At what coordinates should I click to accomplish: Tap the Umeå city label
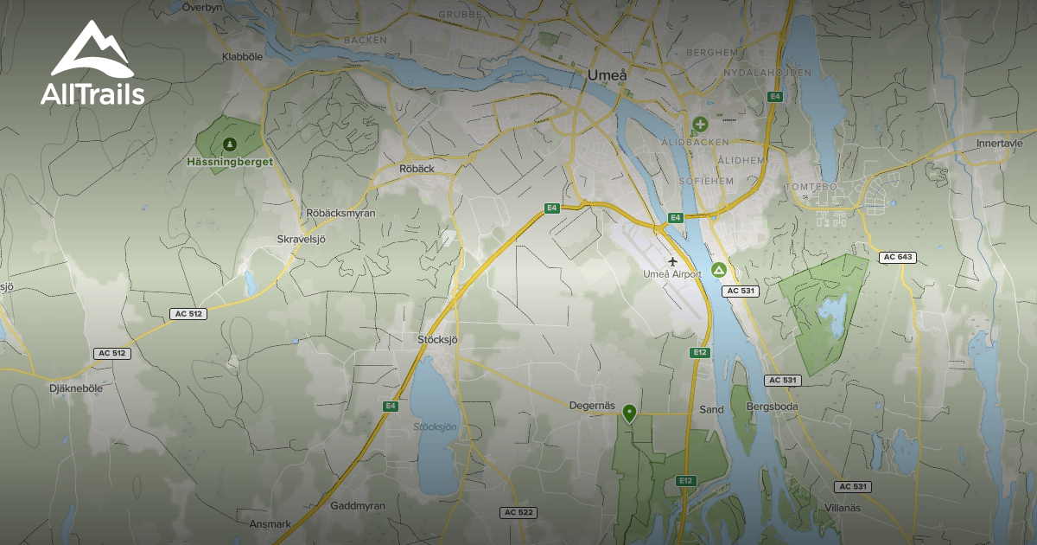(606, 75)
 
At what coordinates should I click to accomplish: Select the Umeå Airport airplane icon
(673, 260)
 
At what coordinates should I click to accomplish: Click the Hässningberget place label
(230, 162)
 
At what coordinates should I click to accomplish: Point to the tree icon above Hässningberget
(229, 144)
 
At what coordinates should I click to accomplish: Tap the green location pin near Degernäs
(629, 414)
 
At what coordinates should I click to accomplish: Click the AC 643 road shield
(897, 257)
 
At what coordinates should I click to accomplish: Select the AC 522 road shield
(518, 512)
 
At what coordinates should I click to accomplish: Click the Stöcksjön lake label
(435, 426)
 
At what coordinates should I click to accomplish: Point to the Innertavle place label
(1000, 144)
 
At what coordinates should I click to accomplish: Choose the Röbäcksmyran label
(340, 213)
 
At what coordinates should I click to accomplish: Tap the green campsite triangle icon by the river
(717, 271)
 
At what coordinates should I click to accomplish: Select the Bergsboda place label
(771, 407)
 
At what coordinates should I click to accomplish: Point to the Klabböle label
(241, 57)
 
